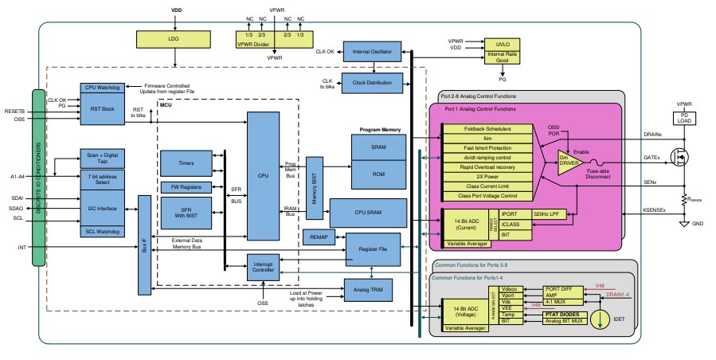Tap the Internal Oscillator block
(x=375, y=53)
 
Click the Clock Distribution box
(x=375, y=83)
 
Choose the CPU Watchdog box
(x=102, y=88)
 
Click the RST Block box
(x=102, y=110)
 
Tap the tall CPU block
(x=263, y=174)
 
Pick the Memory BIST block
(x=315, y=186)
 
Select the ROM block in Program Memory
(x=378, y=174)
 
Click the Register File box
(x=373, y=249)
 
